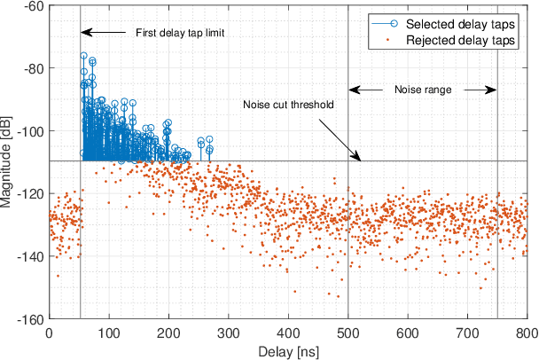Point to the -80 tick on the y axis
(x=33, y=68)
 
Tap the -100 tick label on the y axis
(x=30, y=131)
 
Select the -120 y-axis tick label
(x=30, y=194)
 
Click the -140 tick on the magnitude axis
(x=30, y=257)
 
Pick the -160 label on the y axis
(x=30, y=319)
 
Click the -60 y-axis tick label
(x=33, y=6)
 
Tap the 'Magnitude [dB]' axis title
(x=8, y=162)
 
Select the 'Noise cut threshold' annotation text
(x=288, y=105)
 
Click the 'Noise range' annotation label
(x=422, y=90)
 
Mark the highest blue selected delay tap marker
(x=83, y=56)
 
